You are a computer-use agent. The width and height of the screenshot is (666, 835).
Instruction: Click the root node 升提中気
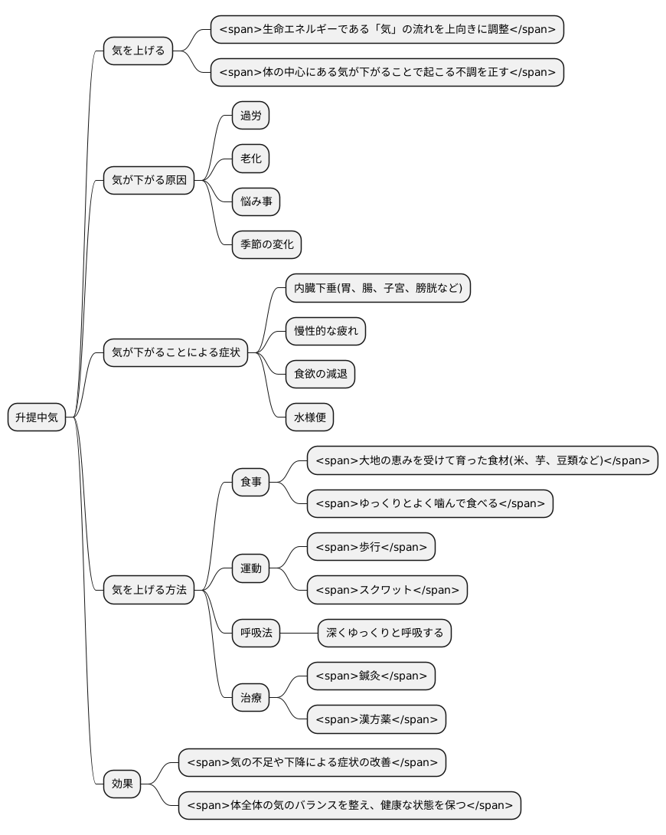coord(37,417)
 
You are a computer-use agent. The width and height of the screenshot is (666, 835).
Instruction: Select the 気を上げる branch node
coord(139,51)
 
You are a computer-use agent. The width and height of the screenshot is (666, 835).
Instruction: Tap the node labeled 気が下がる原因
coord(149,180)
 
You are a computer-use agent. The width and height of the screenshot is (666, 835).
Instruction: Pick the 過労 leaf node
coord(250,116)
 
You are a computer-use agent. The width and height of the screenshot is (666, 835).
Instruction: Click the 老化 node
coord(250,159)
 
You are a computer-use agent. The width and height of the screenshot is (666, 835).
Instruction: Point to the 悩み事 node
coord(256,201)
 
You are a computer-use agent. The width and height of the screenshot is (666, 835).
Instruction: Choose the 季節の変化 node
coord(266,245)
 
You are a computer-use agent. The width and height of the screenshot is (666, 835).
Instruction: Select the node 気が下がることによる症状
coord(175,352)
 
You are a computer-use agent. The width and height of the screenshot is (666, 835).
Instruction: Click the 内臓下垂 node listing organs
coord(378,288)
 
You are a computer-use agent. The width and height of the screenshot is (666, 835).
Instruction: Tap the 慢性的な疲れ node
coord(325,331)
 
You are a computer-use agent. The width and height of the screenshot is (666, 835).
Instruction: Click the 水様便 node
coord(309,417)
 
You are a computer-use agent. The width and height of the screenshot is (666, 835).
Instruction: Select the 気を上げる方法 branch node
coord(149,590)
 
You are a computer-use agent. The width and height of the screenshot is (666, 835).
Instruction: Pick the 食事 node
coord(250,482)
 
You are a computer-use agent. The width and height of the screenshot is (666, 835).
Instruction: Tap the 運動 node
coord(250,568)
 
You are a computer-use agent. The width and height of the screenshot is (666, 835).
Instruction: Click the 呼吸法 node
coord(256,634)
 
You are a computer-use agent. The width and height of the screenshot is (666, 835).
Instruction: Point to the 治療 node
coord(250,698)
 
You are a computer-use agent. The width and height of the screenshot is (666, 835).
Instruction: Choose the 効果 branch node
coord(122,784)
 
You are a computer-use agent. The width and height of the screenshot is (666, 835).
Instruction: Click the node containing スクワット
coord(387,590)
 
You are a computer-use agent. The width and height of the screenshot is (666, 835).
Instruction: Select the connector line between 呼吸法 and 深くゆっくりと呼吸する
coord(299,634)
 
